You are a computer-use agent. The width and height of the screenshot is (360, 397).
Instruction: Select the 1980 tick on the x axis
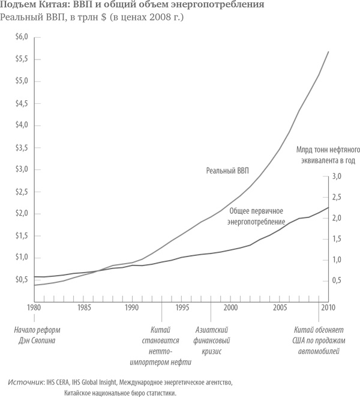(x=34, y=308)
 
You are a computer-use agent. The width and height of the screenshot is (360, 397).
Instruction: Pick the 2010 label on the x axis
(x=327, y=308)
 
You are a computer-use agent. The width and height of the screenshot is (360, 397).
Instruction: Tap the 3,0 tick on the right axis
(x=336, y=176)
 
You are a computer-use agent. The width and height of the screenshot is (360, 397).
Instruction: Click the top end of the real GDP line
(x=328, y=52)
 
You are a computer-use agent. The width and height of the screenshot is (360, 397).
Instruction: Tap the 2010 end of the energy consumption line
(x=328, y=207)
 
